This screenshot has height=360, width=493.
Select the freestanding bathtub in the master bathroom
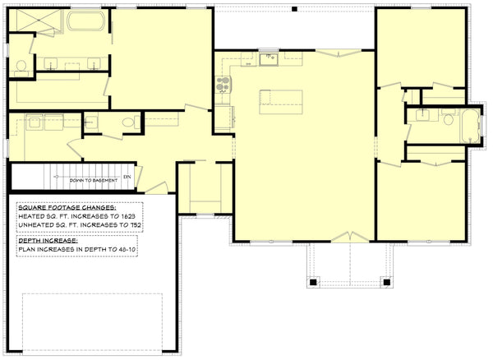tap(82, 21)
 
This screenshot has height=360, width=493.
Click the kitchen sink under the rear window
tap(268, 58)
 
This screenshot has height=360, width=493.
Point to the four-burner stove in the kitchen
tap(223, 83)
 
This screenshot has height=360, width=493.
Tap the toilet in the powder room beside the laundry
tap(129, 123)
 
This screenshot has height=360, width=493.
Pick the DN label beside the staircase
tap(127, 176)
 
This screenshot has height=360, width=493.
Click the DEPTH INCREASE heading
tap(48, 239)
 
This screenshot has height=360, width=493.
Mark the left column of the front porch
tap(313, 283)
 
